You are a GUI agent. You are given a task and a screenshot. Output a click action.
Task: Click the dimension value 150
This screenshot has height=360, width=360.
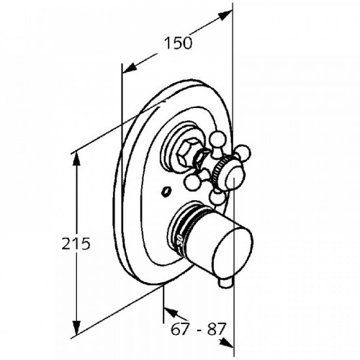pos(178,43)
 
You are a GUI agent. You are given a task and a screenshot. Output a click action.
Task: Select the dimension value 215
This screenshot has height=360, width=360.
pos(76,243)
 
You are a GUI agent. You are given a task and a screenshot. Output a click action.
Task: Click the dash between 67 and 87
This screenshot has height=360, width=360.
pos(199,330)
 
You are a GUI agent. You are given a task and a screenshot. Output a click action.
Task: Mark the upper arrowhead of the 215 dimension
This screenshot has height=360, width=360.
pos(76,158)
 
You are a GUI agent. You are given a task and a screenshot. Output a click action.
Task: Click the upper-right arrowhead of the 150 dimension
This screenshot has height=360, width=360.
pos(225,15)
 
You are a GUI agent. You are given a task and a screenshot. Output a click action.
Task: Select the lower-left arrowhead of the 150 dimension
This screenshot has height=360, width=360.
pos(130,68)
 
